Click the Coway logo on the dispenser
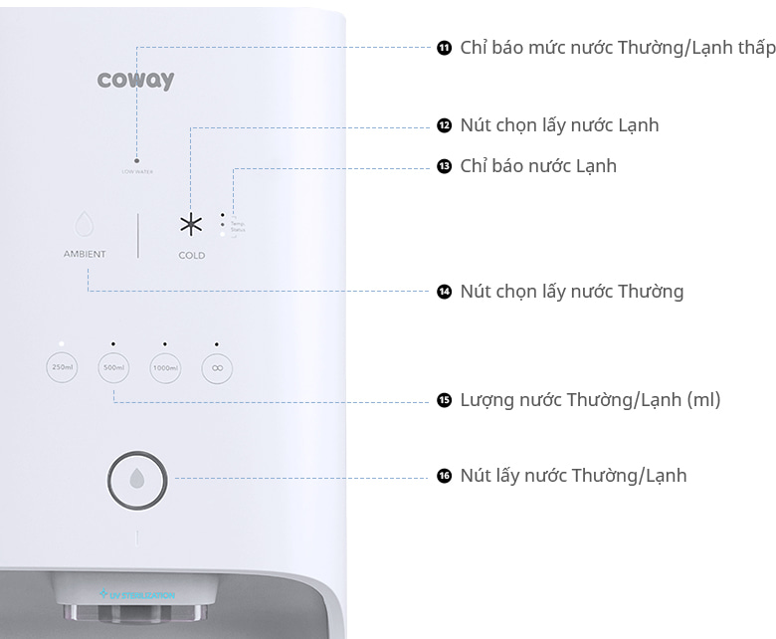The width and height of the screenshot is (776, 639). (136, 80)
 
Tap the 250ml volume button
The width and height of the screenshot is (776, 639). (62, 368)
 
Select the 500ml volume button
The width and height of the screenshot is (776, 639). (113, 368)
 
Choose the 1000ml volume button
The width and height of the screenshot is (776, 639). (165, 368)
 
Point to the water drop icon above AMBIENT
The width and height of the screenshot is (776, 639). (85, 223)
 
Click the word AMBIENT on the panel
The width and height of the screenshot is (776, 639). (85, 255)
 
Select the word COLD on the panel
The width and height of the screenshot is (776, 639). (192, 256)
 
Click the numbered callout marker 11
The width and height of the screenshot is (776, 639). (444, 48)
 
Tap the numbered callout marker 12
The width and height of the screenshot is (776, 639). (444, 125)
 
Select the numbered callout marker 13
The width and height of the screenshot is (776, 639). (444, 166)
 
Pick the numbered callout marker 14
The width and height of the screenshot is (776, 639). (444, 292)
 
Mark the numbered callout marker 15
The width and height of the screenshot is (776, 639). (444, 400)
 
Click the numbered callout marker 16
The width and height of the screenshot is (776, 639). (444, 476)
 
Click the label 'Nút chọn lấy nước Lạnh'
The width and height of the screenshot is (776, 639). (559, 125)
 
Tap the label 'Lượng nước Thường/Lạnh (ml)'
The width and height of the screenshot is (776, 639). (590, 400)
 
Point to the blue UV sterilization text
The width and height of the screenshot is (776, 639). (138, 595)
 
